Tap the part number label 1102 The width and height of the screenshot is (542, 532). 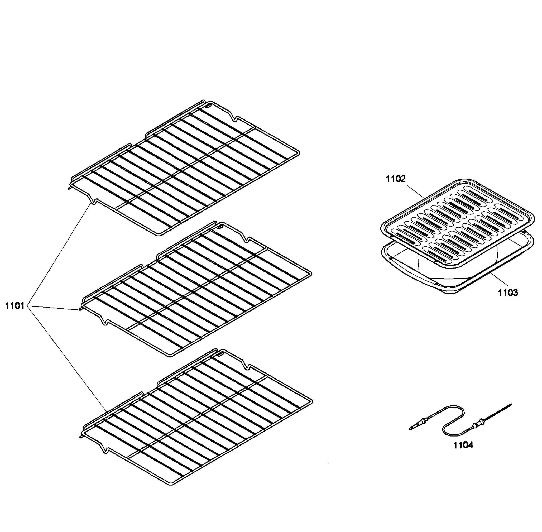[396, 179]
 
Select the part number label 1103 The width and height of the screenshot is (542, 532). [508, 293]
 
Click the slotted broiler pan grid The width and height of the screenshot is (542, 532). [458, 224]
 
